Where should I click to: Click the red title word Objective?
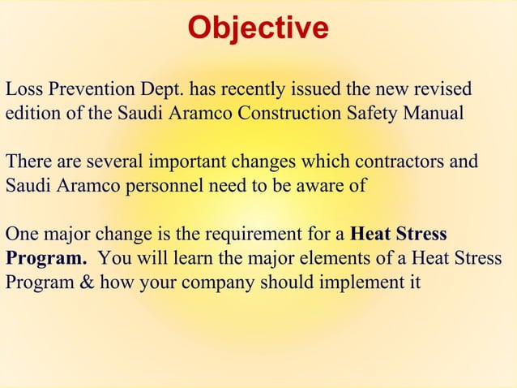(x=258, y=28)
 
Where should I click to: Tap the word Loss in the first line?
(x=22, y=88)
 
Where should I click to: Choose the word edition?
(x=33, y=113)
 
